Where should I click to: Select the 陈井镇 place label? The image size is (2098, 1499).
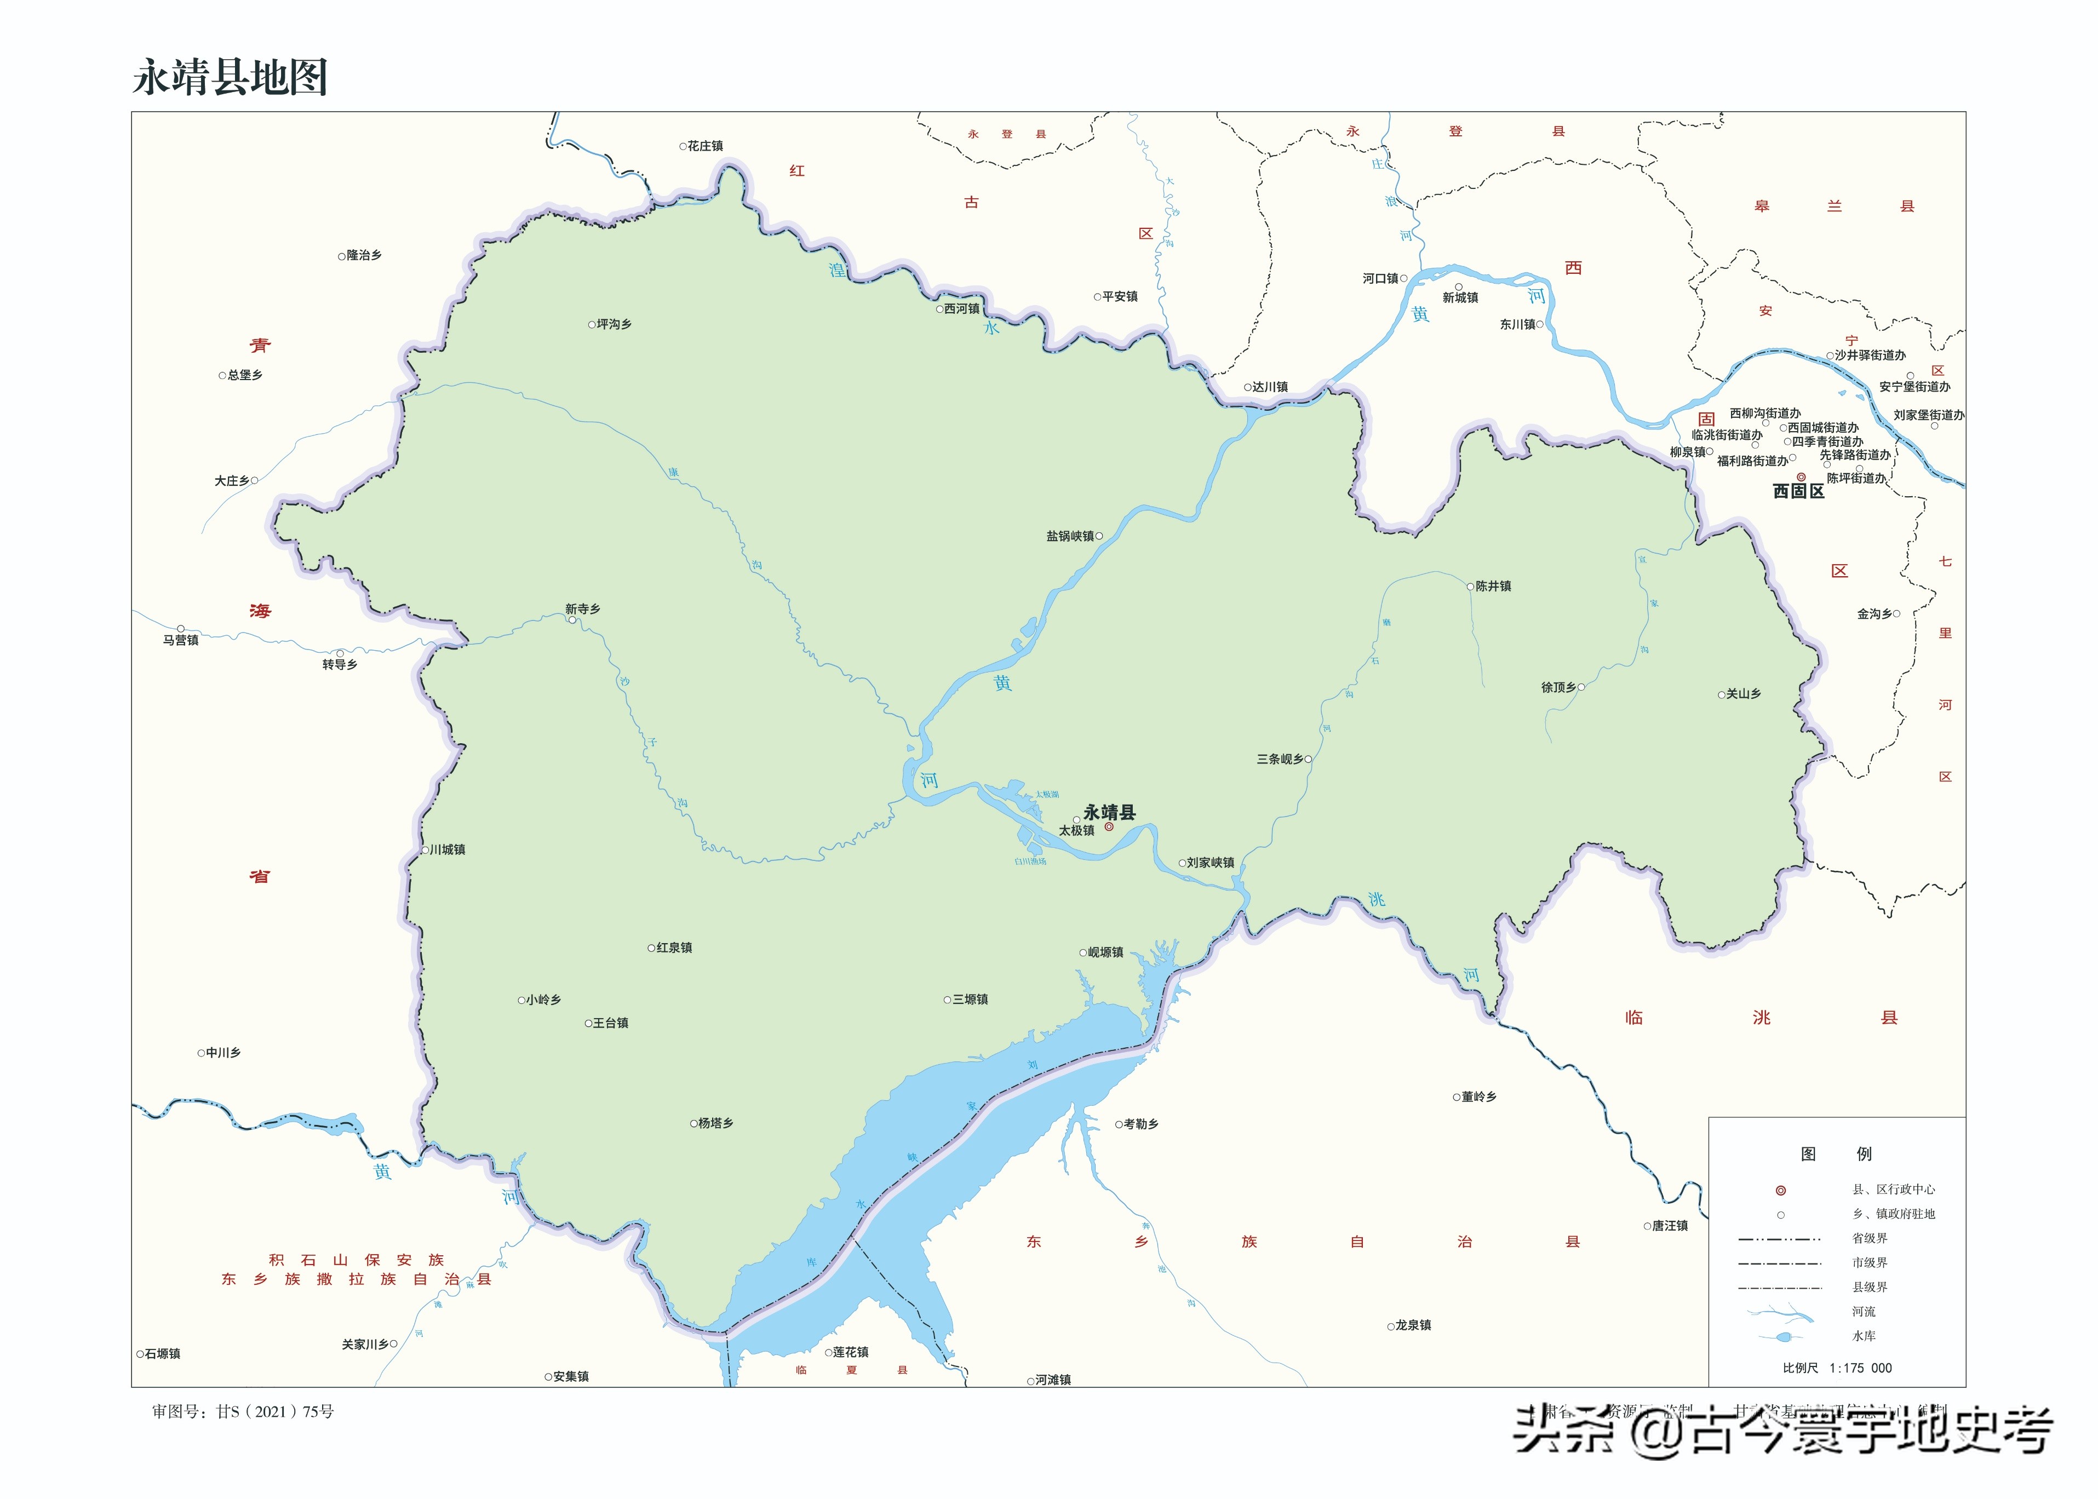(1493, 586)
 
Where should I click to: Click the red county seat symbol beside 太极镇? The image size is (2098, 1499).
(1109, 827)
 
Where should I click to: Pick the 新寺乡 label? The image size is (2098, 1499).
(582, 609)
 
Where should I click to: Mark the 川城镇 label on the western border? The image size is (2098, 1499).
(448, 849)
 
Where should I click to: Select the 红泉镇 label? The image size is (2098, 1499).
(674, 948)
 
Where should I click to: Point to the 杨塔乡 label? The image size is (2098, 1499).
(715, 1123)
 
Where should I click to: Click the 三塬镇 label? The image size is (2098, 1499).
(970, 1000)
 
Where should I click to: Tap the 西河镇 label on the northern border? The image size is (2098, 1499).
(962, 309)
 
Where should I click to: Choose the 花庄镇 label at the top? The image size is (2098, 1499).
(705, 146)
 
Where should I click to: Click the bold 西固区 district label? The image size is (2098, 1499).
(1798, 492)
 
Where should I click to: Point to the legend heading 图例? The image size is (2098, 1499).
(1836, 1154)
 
